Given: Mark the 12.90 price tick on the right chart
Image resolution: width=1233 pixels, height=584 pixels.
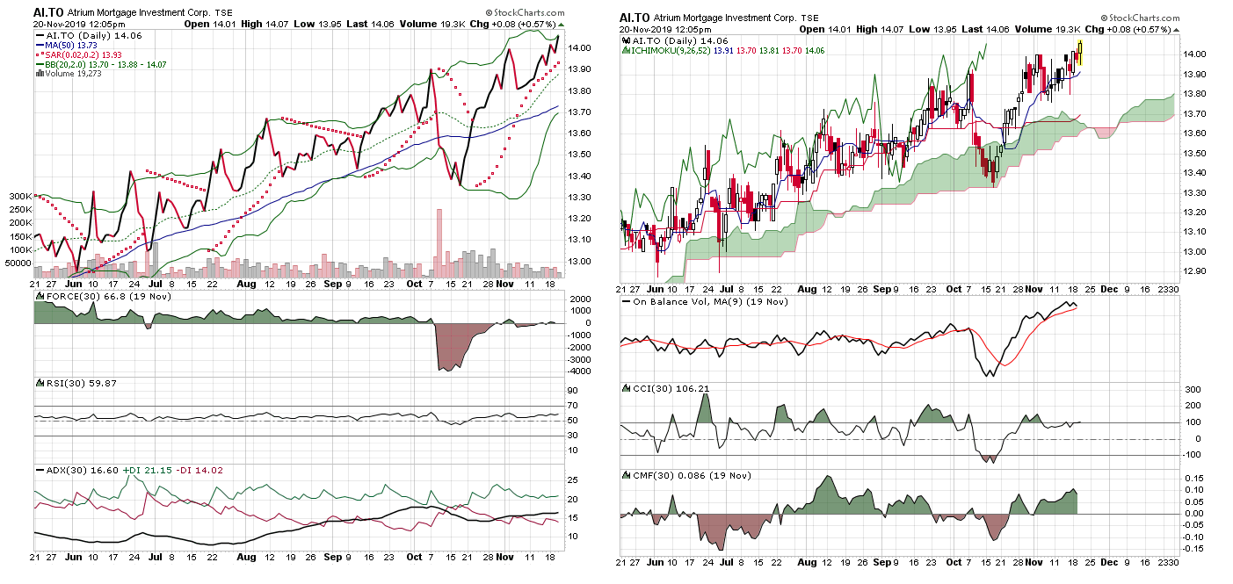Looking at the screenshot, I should tap(1193, 271).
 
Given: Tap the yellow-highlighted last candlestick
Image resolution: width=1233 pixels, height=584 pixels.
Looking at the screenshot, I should tap(1079, 54).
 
